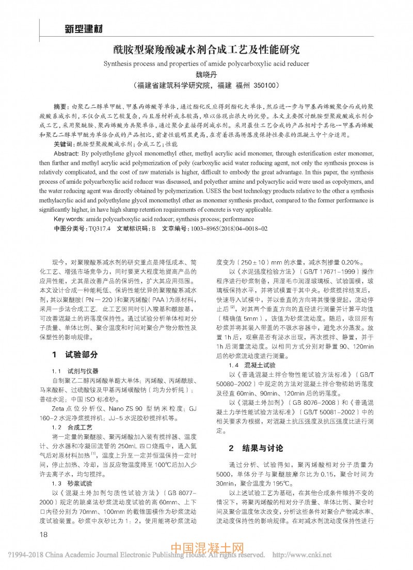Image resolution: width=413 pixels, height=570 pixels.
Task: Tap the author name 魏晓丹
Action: point(206,74)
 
